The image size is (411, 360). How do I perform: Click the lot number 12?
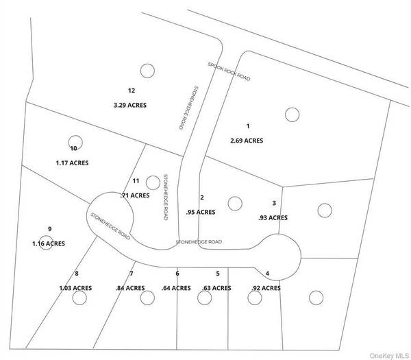132,91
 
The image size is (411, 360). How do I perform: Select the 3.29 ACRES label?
130,105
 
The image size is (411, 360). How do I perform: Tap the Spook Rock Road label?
229,71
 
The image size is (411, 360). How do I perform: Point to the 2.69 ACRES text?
247,141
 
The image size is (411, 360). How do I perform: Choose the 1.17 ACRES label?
72,163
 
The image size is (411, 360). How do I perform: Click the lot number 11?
136,181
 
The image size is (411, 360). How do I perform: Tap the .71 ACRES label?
135,195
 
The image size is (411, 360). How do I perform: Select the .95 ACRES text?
201,213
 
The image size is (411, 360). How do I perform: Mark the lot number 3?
274,203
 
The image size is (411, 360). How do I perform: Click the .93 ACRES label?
273,218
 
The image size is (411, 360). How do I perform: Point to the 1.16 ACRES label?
49,243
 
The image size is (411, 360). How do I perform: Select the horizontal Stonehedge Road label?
199,241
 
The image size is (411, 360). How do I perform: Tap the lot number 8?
77,274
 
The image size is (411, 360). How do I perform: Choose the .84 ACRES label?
130,288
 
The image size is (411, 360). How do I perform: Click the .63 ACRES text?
216,288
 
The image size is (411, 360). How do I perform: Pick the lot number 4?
267,274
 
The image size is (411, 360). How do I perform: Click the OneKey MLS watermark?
389,355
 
